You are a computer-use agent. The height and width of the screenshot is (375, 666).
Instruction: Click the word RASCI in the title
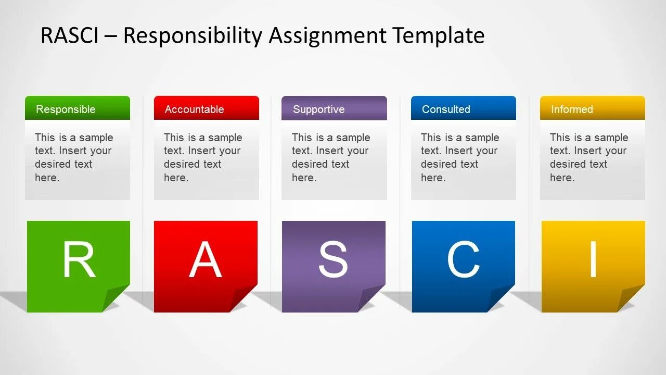pyautogui.click(x=70, y=36)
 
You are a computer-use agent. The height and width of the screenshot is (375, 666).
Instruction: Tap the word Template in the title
pyautogui.click(x=439, y=36)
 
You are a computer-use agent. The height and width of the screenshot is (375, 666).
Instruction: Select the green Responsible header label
pyautogui.click(x=66, y=109)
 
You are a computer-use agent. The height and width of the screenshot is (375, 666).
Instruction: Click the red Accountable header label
pyautogui.click(x=194, y=109)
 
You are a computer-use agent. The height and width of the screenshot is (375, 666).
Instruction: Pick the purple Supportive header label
pyautogui.click(x=318, y=109)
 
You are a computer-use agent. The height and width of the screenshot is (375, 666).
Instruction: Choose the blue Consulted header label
pyautogui.click(x=446, y=109)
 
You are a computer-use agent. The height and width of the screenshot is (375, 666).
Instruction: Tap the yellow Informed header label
pyautogui.click(x=572, y=109)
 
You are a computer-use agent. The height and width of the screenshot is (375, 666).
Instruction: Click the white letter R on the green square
pyautogui.click(x=79, y=259)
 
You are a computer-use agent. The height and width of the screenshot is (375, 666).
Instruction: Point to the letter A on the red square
pyautogui.click(x=206, y=259)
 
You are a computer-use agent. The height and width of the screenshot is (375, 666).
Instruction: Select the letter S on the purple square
pyautogui.click(x=333, y=259)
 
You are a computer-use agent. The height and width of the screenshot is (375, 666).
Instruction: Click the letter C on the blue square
pyautogui.click(x=463, y=259)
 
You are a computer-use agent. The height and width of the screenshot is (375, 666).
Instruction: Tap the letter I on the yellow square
pyautogui.click(x=593, y=259)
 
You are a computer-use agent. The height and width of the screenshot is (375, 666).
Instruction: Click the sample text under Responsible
pyautogui.click(x=73, y=157)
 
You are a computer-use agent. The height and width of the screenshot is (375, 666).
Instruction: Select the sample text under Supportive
pyautogui.click(x=331, y=157)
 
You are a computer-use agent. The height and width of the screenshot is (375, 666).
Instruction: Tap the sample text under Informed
pyautogui.click(x=588, y=157)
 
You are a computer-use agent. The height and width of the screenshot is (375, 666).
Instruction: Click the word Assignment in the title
pyautogui.click(x=328, y=36)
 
